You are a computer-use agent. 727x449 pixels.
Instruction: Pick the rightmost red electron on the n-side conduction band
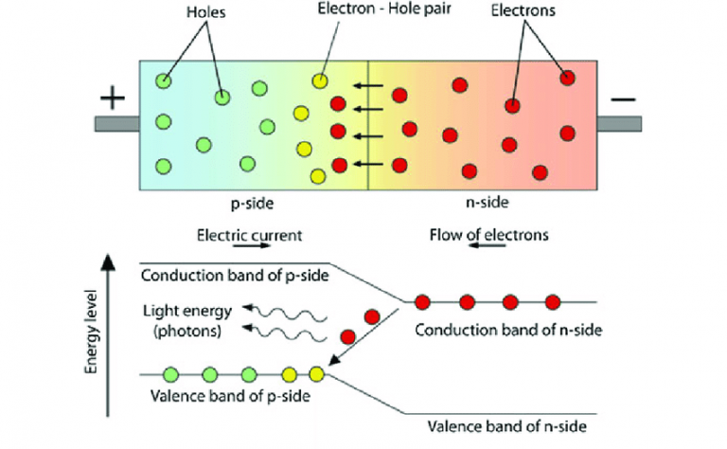click(554, 301)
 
